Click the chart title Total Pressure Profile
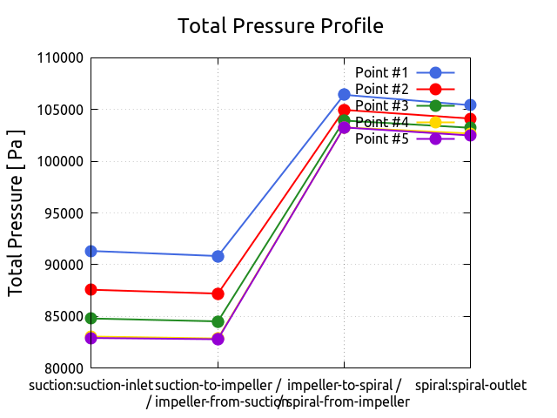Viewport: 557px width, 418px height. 280,26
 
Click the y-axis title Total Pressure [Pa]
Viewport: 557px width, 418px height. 16,212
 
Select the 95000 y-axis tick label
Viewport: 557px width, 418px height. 63,212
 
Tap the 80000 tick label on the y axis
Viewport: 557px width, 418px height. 63,367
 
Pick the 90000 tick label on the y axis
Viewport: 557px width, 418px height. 63,264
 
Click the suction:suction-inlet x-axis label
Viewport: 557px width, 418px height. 91,385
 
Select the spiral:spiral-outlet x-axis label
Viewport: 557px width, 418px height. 471,385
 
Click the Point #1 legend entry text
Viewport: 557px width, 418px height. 382,72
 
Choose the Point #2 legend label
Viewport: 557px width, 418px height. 382,89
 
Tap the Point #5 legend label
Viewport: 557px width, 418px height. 382,138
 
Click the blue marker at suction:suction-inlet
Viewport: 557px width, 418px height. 91,251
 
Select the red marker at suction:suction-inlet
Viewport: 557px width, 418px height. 91,289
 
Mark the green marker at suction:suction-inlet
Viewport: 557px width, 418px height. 91,318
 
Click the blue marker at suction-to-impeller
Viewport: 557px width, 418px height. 218,256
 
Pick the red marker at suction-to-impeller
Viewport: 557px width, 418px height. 218,293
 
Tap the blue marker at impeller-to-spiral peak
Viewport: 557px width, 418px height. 344,94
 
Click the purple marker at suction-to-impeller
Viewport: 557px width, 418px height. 218,339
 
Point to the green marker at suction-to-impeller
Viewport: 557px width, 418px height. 218,321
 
